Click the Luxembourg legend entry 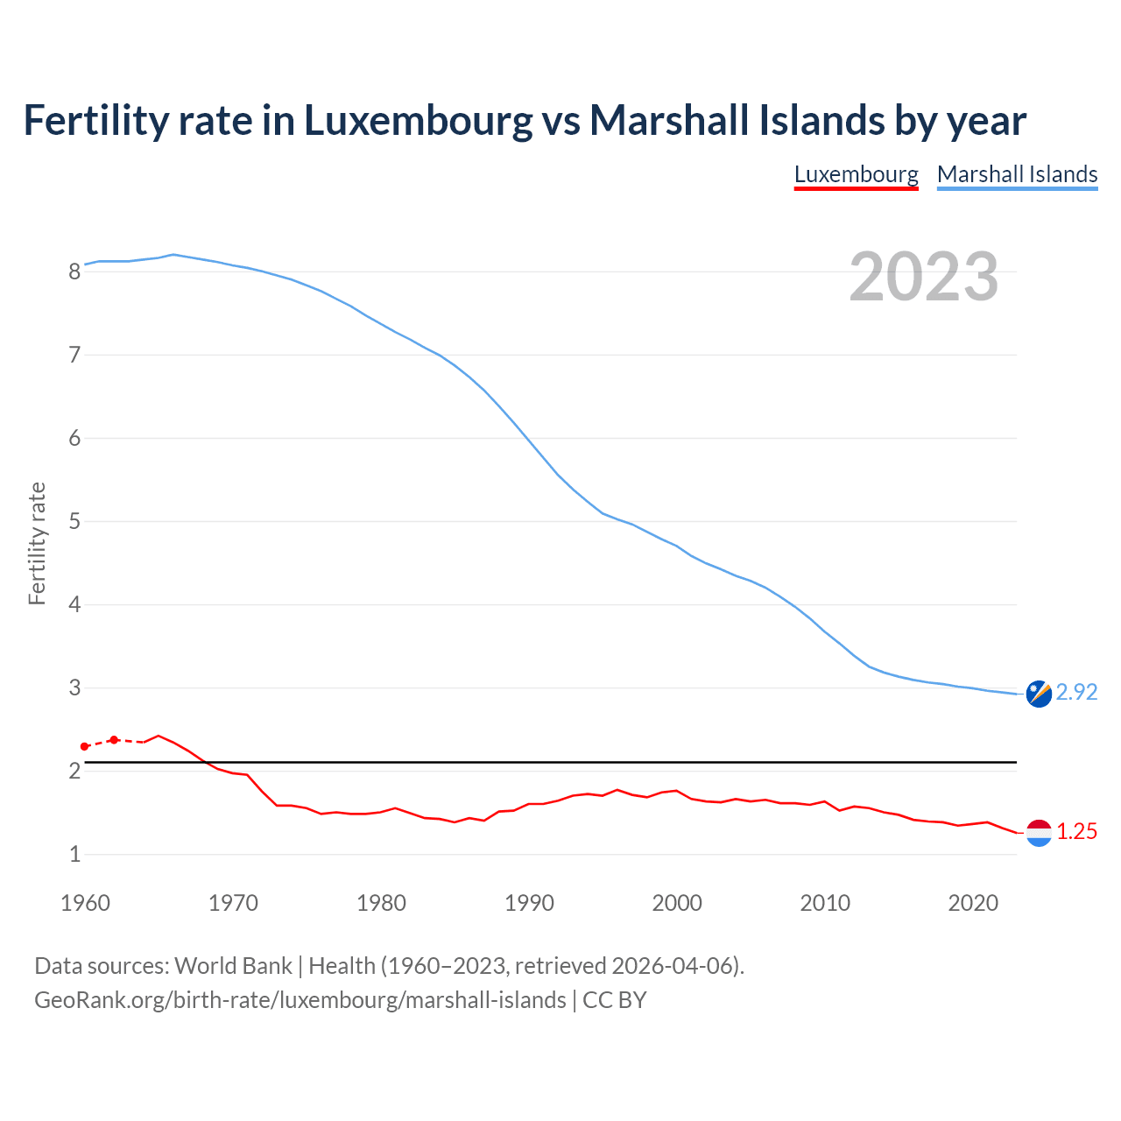click(856, 174)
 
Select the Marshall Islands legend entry click(1017, 174)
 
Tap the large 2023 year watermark click(923, 277)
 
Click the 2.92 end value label click(1076, 692)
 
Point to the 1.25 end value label click(1076, 831)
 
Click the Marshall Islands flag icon click(1039, 693)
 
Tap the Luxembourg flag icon click(1039, 832)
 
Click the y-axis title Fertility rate click(37, 543)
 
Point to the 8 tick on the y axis click(74, 271)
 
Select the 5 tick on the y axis click(74, 522)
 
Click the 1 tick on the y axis click(74, 854)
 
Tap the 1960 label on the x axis click(85, 903)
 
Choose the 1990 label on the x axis click(529, 903)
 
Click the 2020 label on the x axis click(973, 903)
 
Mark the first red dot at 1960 click(84, 746)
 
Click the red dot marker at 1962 click(114, 740)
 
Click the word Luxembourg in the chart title click(418, 120)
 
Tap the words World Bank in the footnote click(233, 966)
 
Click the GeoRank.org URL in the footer click(300, 1000)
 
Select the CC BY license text click(615, 1000)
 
